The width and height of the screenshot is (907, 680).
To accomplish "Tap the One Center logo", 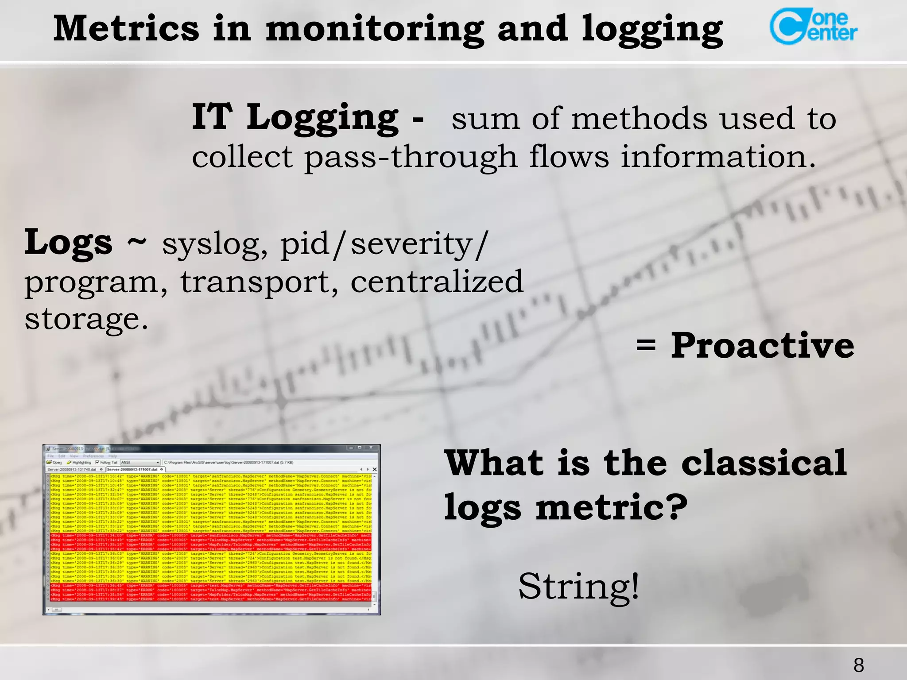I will (813, 27).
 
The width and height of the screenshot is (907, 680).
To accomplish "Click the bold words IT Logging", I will (295, 117).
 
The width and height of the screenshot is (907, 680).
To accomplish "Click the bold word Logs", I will (69, 242).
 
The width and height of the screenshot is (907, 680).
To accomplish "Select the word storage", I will (86, 319).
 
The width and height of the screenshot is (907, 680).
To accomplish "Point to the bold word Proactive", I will (762, 345).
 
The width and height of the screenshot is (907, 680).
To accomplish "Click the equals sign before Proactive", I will (646, 345).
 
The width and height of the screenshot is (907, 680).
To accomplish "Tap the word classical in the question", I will (764, 463).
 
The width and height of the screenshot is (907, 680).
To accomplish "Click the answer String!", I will (579, 586).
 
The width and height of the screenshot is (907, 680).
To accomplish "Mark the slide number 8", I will (859, 665).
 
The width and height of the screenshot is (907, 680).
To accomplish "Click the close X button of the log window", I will (371, 448).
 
